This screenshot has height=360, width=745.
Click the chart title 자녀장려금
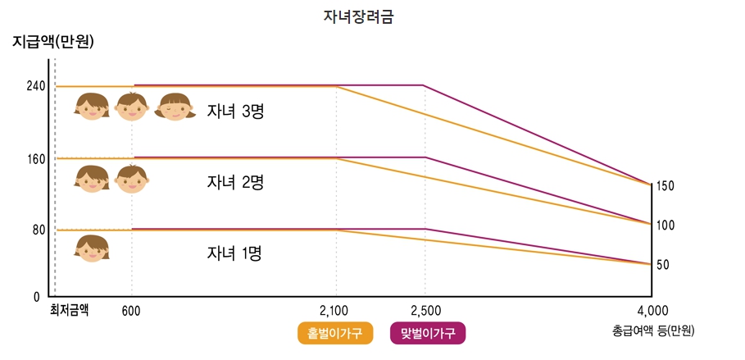click(x=359, y=16)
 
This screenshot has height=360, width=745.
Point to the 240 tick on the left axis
click(x=36, y=86)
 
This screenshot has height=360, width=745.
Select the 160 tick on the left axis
click(x=36, y=159)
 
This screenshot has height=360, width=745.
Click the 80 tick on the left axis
click(x=39, y=230)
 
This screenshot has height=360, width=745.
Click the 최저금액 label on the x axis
click(x=69, y=309)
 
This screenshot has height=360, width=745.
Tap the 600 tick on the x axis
click(x=131, y=311)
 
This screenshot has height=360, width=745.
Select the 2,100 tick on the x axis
click(x=334, y=311)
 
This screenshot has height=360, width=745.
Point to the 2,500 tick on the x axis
click(x=425, y=311)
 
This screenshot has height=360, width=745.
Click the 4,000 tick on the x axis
click(x=652, y=311)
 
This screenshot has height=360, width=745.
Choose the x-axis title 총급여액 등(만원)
click(x=653, y=331)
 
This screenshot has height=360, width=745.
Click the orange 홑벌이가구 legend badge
click(x=335, y=333)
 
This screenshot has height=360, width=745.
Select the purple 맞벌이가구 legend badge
click(x=428, y=333)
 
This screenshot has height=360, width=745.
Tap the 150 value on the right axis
click(x=665, y=186)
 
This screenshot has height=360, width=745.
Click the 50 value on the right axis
click(x=663, y=265)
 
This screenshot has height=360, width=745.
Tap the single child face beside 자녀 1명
click(x=92, y=248)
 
